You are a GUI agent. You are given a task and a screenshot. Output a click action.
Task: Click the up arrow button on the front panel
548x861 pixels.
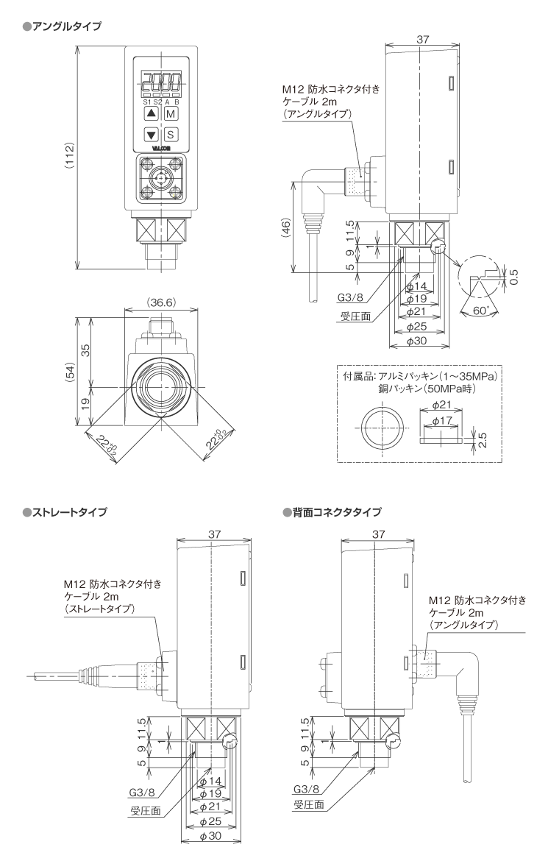coord(151,114)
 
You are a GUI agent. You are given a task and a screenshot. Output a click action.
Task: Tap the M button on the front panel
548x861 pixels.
coord(171,114)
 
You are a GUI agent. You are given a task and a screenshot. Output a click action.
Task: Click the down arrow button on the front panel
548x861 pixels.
coord(151,135)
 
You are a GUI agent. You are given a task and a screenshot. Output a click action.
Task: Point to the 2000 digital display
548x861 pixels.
coord(161,81)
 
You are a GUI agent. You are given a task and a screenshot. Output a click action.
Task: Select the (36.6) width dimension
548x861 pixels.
coord(160,303)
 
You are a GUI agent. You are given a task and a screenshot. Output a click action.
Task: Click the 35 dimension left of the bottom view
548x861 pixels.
coord(85,351)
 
